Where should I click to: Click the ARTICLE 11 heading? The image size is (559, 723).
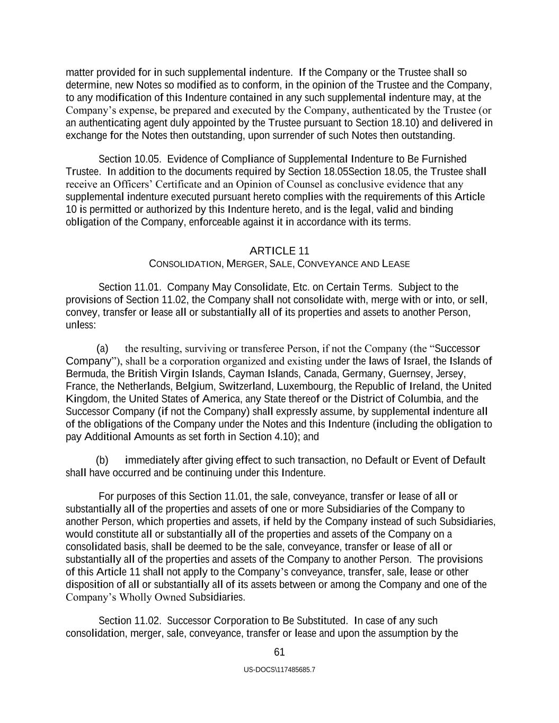279,251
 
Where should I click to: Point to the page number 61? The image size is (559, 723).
279,652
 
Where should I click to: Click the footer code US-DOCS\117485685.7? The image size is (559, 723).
279,670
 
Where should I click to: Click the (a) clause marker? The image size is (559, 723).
102,349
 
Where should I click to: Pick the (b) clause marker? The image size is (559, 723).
102,460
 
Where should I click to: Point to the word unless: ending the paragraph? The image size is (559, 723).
81,325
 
